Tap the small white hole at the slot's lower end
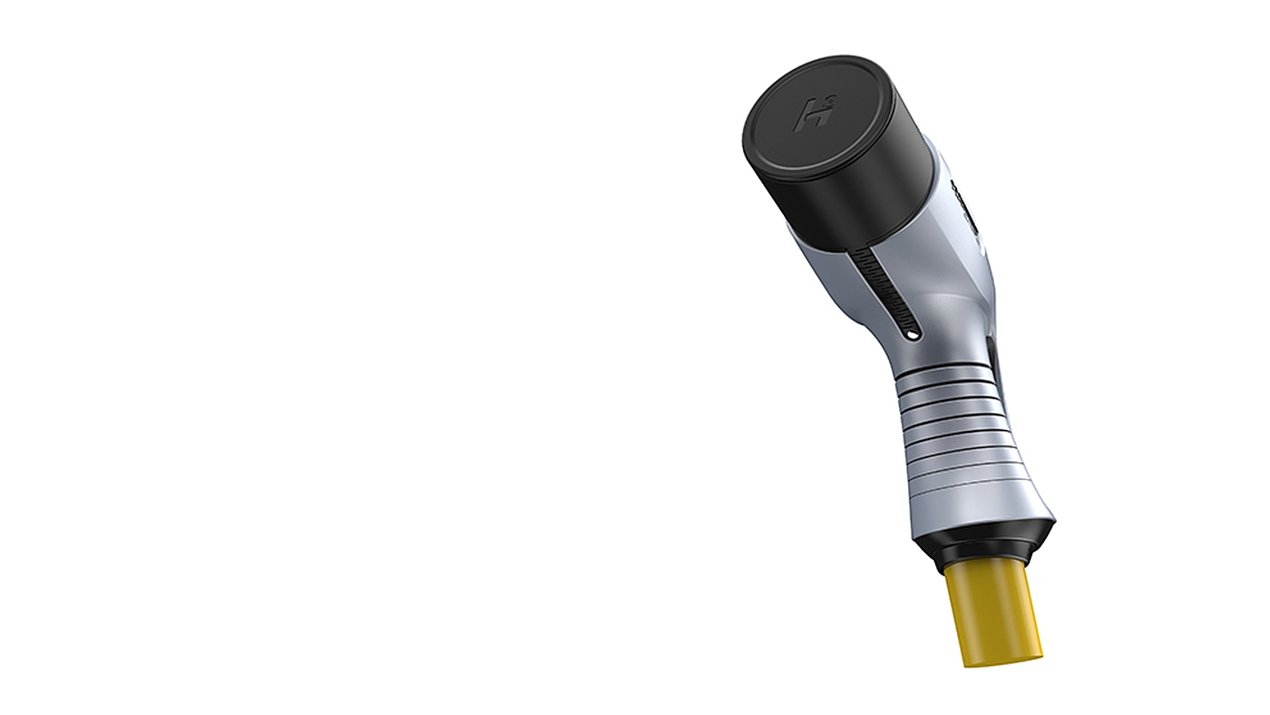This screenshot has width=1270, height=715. (x=911, y=337)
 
